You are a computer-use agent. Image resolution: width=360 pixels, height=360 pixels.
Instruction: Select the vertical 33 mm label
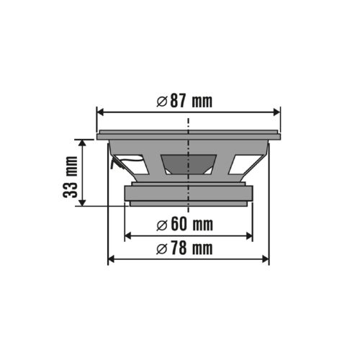tap(71, 178)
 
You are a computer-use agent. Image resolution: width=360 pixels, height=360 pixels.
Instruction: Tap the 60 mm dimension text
tap(185, 225)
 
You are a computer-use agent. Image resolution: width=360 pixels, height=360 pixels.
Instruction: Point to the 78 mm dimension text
tap(185, 249)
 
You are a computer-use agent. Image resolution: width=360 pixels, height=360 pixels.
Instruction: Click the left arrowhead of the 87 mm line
tap(100, 112)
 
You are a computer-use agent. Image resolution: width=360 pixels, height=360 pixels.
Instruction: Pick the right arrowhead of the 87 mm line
tap(276, 112)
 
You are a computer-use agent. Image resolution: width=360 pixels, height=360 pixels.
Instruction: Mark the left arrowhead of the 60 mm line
tap(128, 235)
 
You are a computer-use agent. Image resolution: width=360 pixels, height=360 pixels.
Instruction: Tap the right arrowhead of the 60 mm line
tap(248, 235)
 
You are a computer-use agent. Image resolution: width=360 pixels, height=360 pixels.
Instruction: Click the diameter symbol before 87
tap(162, 101)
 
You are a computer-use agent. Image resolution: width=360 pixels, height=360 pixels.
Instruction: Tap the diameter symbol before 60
tap(163, 225)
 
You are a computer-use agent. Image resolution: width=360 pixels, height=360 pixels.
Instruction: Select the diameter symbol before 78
tap(163, 249)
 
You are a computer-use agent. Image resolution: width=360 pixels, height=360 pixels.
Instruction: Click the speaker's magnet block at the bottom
tap(189, 194)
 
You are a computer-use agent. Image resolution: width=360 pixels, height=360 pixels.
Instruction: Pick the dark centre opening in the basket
tap(189, 164)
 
